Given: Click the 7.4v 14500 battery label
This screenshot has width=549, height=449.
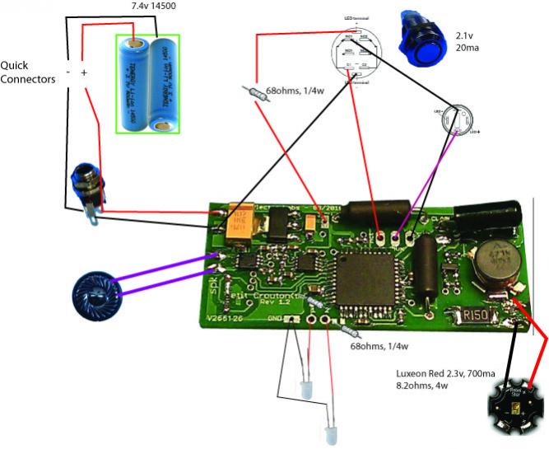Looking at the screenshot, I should point(158,6).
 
